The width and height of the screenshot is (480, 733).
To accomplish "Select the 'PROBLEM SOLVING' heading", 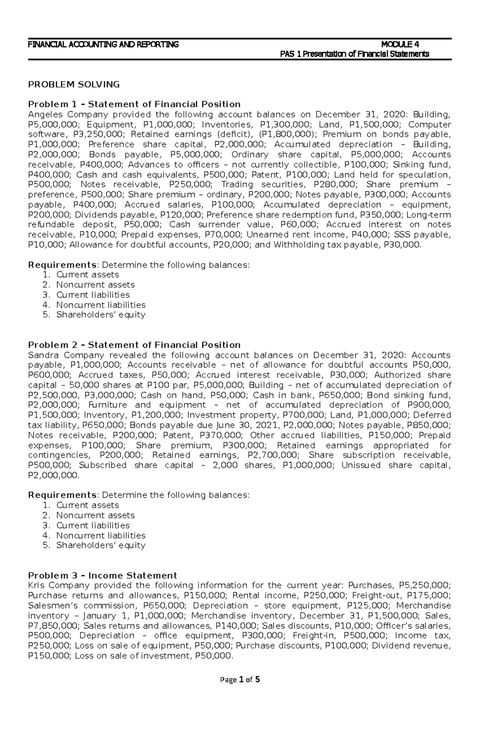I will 74,84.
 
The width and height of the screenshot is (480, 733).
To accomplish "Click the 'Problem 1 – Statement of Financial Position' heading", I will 134,104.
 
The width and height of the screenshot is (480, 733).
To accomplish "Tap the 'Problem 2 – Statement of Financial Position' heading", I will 134,345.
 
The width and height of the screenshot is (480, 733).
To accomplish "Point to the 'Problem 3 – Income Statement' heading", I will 102,575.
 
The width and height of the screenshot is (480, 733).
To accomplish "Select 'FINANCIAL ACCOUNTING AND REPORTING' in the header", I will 103,44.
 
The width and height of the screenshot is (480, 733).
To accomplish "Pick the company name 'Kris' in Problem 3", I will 36,585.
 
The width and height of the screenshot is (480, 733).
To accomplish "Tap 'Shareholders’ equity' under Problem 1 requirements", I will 100,315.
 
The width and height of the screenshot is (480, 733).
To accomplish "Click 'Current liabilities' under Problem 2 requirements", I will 93,525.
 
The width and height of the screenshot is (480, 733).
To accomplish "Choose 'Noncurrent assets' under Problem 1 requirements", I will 95,285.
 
